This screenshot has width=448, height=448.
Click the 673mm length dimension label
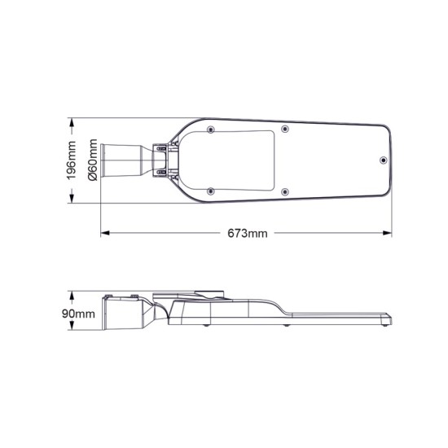(x=248, y=234)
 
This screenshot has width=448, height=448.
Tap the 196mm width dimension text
(x=72, y=160)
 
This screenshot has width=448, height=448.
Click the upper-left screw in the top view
(x=211, y=129)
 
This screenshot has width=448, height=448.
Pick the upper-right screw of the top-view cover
(x=283, y=129)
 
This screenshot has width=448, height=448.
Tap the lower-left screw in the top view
(x=211, y=191)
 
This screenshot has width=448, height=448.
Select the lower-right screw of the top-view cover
(x=283, y=191)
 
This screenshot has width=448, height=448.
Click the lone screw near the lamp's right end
(x=384, y=160)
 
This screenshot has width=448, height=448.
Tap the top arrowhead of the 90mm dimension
(x=72, y=292)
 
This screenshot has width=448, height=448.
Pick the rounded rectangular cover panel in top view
(x=244, y=160)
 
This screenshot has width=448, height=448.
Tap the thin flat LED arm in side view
(x=342, y=318)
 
